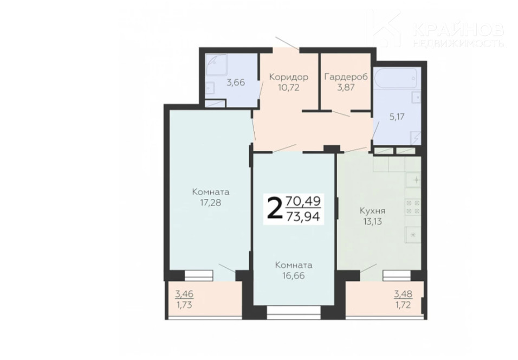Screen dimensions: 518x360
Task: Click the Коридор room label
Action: (x=289, y=77)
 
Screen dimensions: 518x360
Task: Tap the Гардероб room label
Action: (x=346, y=77)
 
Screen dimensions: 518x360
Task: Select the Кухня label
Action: (x=373, y=210)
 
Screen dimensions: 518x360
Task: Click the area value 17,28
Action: (x=210, y=202)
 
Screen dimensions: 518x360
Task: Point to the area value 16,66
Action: (x=294, y=275)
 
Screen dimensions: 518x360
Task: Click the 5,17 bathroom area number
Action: (x=397, y=117)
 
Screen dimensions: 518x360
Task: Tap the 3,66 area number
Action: (x=236, y=82)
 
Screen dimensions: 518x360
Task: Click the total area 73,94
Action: (x=303, y=216)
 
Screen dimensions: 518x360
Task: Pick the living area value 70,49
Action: (x=303, y=200)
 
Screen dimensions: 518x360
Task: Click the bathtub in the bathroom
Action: (x=397, y=79)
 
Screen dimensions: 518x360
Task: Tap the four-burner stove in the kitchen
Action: (x=413, y=207)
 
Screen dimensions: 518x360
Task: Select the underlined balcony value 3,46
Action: (x=184, y=293)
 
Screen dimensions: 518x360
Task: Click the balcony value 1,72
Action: (x=403, y=305)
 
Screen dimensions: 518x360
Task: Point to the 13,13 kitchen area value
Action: (x=373, y=222)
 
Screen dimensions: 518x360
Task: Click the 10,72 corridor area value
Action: (x=289, y=88)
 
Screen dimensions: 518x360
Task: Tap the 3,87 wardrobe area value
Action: (x=346, y=88)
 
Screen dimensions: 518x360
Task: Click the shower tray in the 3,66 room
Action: (x=216, y=65)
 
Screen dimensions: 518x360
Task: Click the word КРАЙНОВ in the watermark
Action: (x=458, y=30)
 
